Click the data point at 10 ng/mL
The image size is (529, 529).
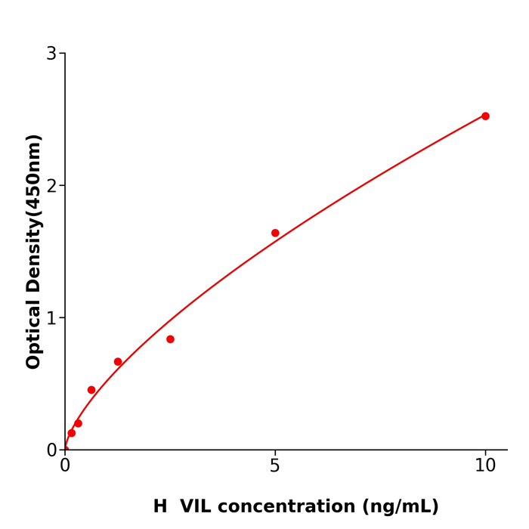(485, 116)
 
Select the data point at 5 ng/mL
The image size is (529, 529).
(275, 233)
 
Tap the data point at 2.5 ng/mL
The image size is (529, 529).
(170, 339)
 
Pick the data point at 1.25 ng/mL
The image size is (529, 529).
(118, 362)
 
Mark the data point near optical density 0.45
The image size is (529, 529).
(91, 390)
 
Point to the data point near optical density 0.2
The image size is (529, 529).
(78, 423)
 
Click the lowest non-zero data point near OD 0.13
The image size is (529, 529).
(72, 433)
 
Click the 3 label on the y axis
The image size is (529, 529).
(51, 54)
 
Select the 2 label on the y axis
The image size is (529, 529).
(51, 186)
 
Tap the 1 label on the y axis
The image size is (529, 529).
(51, 318)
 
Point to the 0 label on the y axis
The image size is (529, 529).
(51, 450)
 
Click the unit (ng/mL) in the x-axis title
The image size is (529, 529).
(401, 506)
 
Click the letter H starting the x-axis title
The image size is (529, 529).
(160, 506)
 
